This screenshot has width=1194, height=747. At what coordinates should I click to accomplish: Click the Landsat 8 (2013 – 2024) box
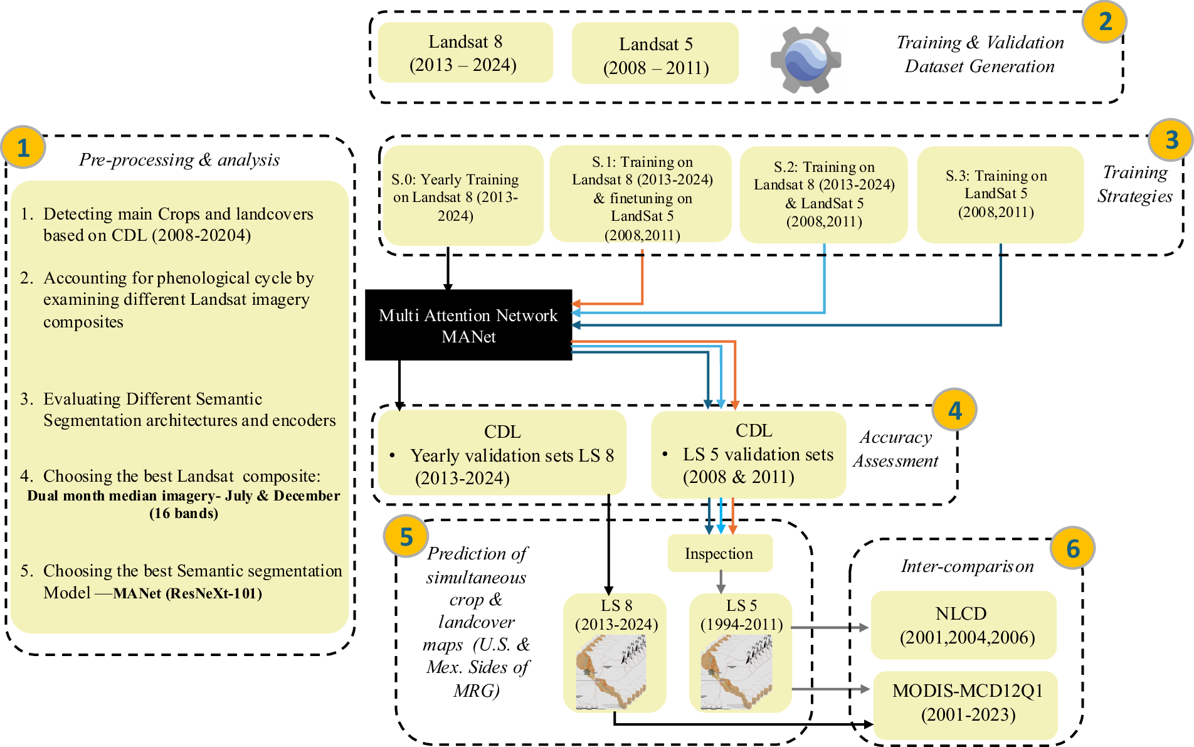point(465,53)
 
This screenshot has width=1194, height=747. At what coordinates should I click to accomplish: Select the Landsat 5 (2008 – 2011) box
point(655,53)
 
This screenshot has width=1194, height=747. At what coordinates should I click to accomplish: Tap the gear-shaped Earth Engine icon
point(806,60)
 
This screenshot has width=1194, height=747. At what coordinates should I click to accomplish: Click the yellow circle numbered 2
point(1105,22)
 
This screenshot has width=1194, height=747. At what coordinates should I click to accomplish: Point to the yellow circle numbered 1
point(23,148)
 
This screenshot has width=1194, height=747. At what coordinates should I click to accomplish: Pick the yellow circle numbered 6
point(1073,548)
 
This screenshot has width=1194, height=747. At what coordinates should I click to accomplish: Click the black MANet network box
point(468,325)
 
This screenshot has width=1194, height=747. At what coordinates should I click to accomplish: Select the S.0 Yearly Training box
point(463,196)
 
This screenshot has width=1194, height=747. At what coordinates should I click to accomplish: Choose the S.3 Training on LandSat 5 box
point(1000,194)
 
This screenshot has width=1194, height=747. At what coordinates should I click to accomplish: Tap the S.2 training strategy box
point(823,194)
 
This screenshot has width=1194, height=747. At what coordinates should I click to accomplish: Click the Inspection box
point(720,553)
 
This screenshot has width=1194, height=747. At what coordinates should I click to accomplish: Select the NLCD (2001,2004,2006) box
point(964,625)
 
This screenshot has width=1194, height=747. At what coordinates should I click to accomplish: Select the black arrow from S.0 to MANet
point(448,268)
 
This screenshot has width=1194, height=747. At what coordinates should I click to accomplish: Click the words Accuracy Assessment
point(895,449)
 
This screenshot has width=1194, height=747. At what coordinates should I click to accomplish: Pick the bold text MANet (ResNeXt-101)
point(188,593)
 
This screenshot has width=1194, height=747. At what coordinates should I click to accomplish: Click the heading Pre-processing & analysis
point(179,160)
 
